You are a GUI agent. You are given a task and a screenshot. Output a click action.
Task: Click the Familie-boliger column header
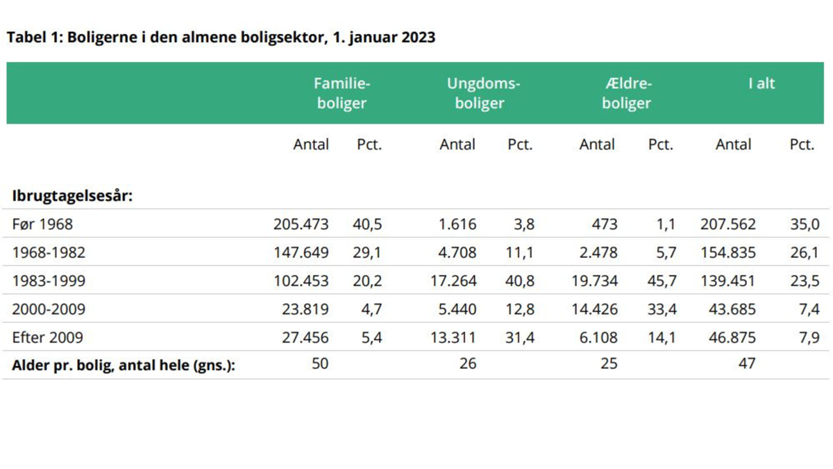click(x=342, y=94)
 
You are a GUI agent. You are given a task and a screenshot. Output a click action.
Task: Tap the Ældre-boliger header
click(x=627, y=94)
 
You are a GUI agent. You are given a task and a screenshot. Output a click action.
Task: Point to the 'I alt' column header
click(x=762, y=84)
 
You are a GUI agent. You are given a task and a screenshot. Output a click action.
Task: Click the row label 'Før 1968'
click(x=42, y=224)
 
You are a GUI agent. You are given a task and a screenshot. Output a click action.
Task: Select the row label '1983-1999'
click(x=49, y=281)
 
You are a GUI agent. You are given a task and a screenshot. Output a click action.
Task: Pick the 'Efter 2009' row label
click(x=48, y=338)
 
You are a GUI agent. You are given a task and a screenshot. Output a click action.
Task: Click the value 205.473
click(x=301, y=224)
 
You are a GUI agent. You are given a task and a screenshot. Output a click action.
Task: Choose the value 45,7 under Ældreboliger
click(x=662, y=281)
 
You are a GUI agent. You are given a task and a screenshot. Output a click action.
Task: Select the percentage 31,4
click(x=520, y=338)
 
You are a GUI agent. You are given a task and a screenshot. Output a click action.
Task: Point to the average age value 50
click(x=320, y=363)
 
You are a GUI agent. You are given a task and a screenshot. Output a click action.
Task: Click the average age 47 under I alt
click(x=747, y=363)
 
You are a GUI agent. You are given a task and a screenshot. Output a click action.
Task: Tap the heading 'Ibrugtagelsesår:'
click(x=72, y=197)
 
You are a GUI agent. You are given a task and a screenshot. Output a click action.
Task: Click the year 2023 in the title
click(x=419, y=38)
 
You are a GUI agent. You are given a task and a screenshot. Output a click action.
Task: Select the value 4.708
click(x=457, y=253)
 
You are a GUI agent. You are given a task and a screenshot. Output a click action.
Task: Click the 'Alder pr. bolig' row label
click(x=124, y=365)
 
